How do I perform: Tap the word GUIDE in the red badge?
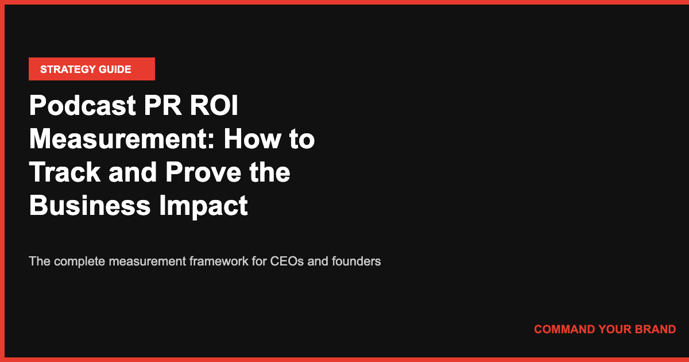point(115,70)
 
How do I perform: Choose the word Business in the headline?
point(86,206)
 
